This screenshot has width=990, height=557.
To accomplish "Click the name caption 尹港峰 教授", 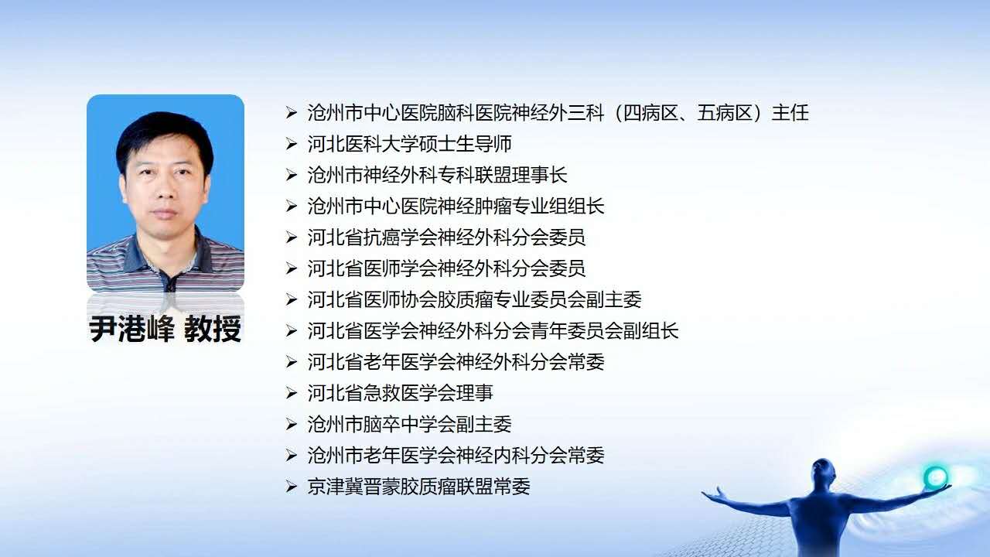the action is (x=166, y=329).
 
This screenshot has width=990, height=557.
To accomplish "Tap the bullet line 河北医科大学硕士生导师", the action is (x=410, y=144).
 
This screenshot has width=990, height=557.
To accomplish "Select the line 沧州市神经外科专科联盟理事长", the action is (x=438, y=175).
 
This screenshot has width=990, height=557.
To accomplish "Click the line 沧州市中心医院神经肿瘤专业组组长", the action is (x=456, y=207).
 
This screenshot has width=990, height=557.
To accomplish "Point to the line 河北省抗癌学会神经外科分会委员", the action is (x=447, y=237).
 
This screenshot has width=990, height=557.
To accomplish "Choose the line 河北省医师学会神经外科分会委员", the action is (x=447, y=268).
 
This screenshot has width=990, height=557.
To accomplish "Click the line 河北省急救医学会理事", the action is (x=401, y=393).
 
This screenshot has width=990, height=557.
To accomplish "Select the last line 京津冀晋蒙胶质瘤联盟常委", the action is (x=419, y=487).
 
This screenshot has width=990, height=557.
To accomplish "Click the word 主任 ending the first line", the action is (x=790, y=113).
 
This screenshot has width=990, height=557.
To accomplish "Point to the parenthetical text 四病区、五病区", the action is (x=688, y=113).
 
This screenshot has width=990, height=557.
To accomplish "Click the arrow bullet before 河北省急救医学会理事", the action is (x=291, y=393).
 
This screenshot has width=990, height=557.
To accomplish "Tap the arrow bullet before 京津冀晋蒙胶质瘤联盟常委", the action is (x=291, y=487).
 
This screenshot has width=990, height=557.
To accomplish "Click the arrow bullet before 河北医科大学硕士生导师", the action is (x=291, y=144).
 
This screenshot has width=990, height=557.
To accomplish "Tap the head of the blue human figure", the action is (x=823, y=473).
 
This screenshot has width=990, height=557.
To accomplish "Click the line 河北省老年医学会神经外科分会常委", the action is (x=456, y=362).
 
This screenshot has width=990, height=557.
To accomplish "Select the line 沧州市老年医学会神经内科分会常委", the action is (x=456, y=456).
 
